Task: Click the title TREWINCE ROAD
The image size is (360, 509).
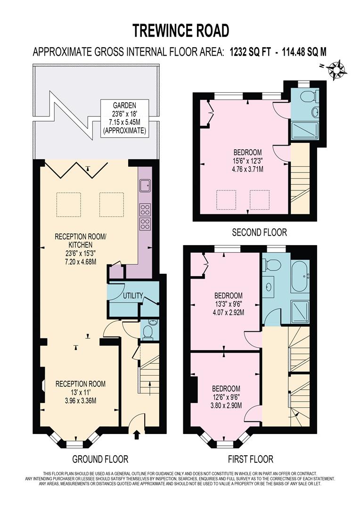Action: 180,30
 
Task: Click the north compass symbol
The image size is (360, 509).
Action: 337,69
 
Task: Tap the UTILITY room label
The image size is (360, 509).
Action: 133,296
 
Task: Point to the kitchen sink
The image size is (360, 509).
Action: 144,185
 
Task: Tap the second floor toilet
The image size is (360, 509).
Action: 308,97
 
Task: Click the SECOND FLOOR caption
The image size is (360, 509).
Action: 259,232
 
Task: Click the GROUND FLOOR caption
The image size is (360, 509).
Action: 100,459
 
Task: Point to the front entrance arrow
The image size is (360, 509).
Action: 137,434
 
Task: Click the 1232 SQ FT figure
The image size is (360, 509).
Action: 250,52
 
